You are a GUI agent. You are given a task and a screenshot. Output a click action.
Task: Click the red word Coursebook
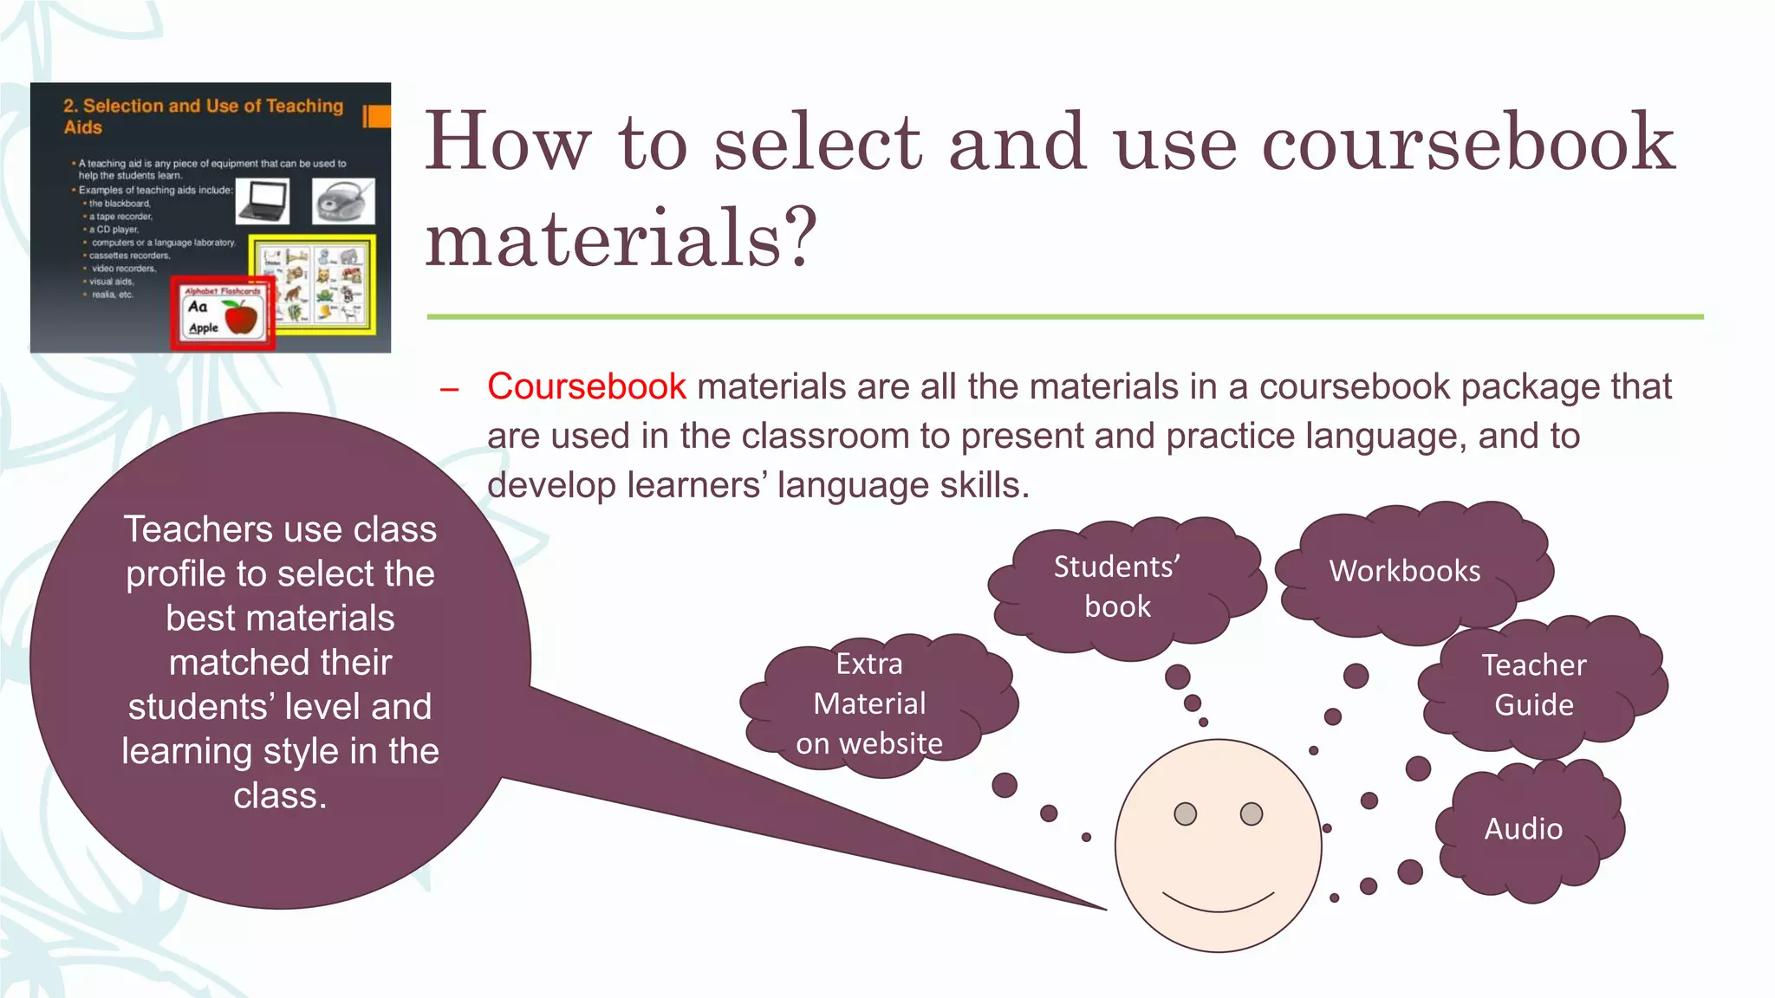coord(586,386)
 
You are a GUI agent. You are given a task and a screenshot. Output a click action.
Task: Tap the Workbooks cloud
coord(1406,571)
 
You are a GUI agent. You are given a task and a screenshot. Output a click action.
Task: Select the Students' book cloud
coord(1117,586)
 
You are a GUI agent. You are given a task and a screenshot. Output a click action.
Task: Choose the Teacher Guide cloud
coord(1534,684)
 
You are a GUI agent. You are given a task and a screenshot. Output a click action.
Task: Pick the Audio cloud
coord(1524,829)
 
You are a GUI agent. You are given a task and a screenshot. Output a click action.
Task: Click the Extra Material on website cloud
coord(869,703)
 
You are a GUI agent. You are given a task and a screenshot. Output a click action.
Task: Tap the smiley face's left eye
coord(1185,814)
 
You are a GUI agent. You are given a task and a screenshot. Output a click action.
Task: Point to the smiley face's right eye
coord(1252,814)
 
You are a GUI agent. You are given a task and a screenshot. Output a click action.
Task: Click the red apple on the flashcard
coord(242,318)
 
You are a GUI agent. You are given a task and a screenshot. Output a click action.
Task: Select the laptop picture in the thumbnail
coord(263,202)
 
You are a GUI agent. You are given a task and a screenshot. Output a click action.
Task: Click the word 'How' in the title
coord(506,142)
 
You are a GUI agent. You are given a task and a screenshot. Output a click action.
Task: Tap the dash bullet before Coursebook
coord(449,390)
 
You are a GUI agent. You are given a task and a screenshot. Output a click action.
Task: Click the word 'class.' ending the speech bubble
coord(280,795)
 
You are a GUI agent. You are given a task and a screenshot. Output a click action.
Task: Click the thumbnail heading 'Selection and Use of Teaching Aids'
coord(204,116)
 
